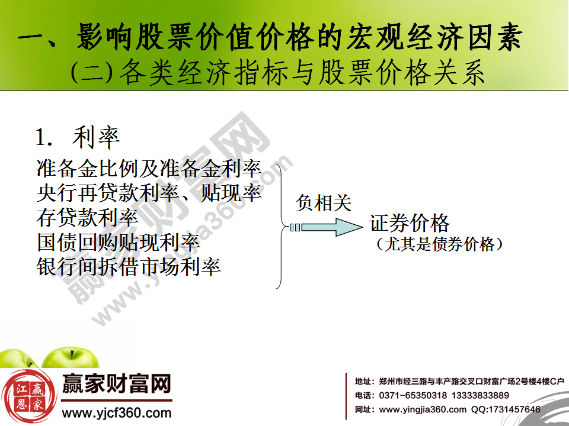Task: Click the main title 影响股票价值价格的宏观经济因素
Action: click(x=270, y=38)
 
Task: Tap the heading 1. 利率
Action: click(x=78, y=137)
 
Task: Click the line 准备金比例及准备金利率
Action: click(x=149, y=169)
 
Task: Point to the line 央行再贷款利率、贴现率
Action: click(x=149, y=193)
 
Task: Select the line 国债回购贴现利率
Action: click(x=118, y=242)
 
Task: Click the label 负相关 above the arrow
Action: click(x=324, y=203)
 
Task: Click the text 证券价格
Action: click(x=410, y=223)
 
